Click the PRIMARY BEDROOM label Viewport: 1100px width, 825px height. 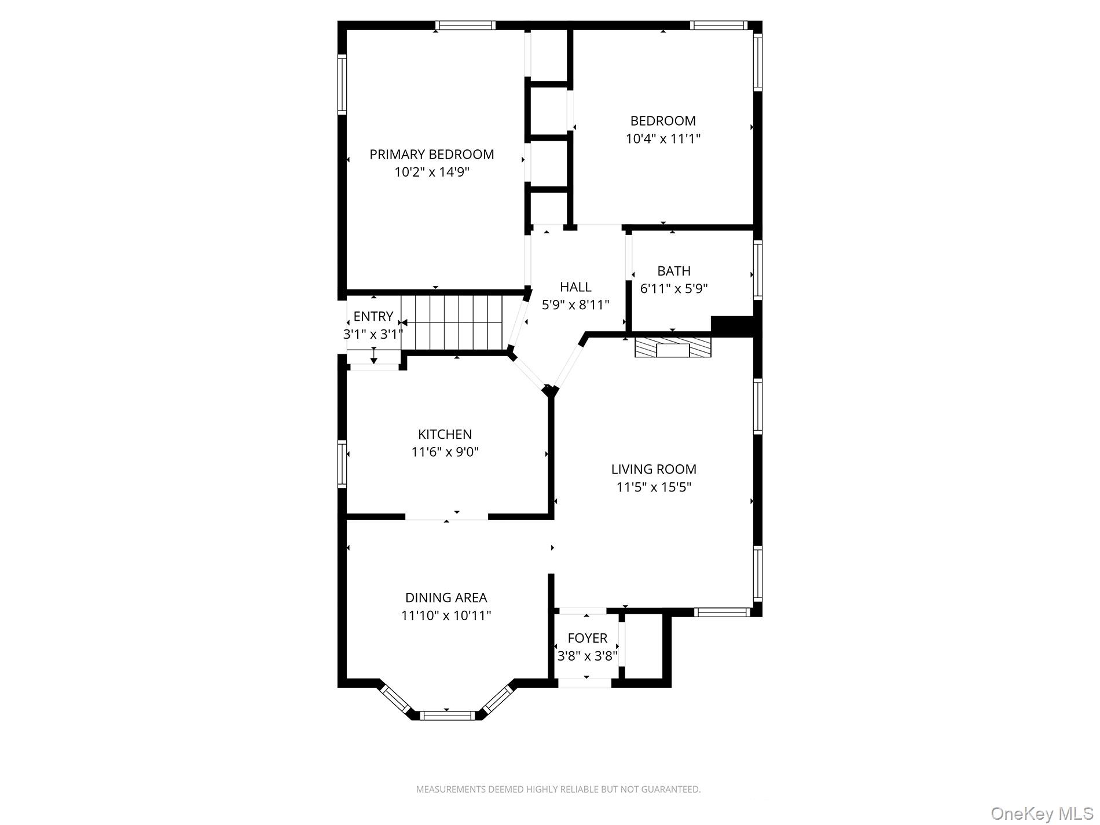(x=431, y=154)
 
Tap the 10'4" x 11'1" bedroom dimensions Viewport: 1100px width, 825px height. (x=663, y=139)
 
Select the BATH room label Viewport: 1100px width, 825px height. (x=674, y=270)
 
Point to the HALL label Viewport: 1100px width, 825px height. (x=575, y=287)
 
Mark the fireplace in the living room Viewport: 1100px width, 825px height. (x=673, y=349)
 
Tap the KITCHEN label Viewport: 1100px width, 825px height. (x=445, y=434)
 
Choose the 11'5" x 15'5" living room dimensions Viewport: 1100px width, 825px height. (x=654, y=487)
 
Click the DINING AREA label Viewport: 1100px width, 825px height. (x=446, y=597)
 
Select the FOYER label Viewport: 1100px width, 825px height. (x=587, y=638)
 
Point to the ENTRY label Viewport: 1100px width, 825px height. (x=373, y=316)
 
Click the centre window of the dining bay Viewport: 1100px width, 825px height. (x=446, y=716)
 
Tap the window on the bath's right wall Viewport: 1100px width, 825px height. (x=757, y=270)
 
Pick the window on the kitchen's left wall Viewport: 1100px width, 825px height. (x=342, y=463)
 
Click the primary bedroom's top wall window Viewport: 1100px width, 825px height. (x=465, y=25)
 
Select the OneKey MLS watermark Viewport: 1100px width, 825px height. (x=1042, y=813)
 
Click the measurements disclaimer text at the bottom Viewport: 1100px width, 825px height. (x=558, y=789)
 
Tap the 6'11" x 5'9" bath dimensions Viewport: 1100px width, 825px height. (x=674, y=288)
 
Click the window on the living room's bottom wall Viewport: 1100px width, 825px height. (x=722, y=612)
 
